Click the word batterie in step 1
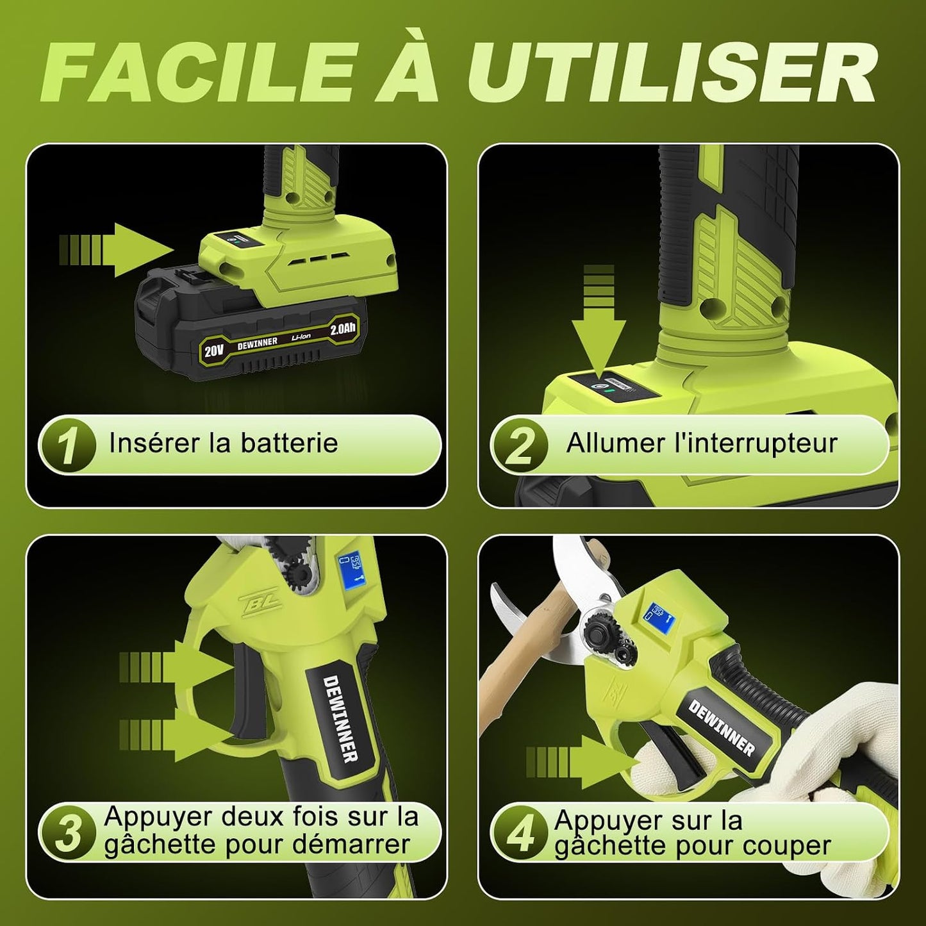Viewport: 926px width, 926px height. [289, 442]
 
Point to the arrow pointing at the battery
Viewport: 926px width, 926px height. [116, 249]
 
